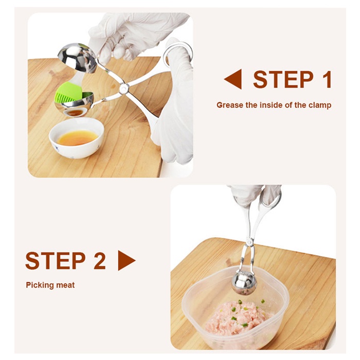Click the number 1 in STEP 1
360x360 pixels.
(x=326, y=80)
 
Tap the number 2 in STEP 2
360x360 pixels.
(x=99, y=261)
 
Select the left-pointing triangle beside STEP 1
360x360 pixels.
(x=233, y=80)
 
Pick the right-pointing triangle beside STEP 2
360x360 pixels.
(x=126, y=261)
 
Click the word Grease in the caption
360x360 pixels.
(x=229, y=105)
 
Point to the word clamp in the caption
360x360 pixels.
(x=319, y=105)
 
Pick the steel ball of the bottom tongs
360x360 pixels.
(x=245, y=282)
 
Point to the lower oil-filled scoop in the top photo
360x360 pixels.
(x=75, y=110)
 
